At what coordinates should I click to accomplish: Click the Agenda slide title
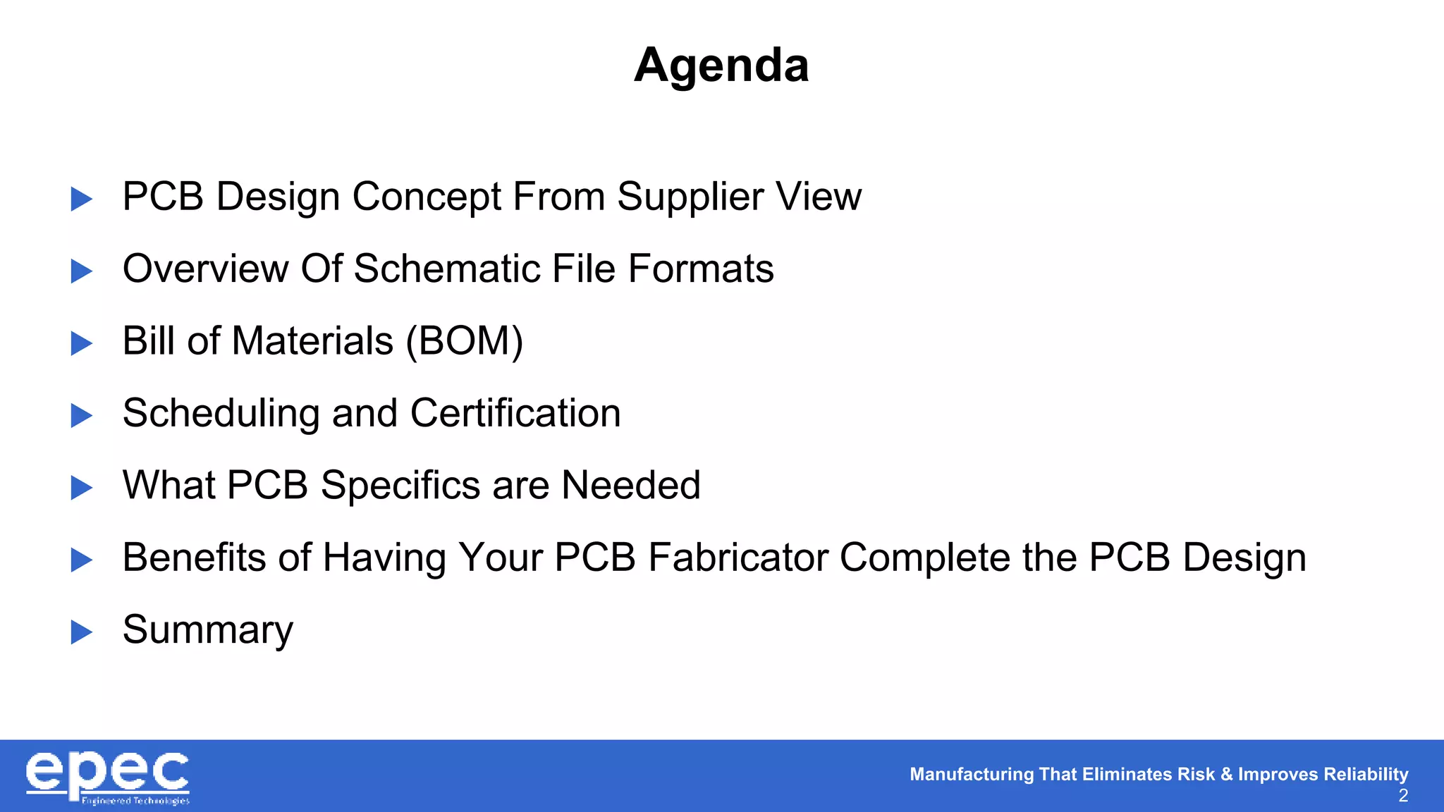pos(721,65)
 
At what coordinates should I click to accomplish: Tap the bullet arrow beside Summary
pos(82,632)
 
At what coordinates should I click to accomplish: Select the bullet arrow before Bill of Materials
pos(82,343)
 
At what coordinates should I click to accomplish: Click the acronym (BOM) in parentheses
pos(464,342)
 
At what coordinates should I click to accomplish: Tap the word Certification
pos(515,413)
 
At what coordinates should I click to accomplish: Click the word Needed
pos(631,486)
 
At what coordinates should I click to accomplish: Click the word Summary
pos(208,630)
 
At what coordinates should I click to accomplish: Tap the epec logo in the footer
pos(108,777)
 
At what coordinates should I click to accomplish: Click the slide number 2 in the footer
pos(1403,796)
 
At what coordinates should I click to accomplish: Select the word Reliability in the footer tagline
pos(1366,774)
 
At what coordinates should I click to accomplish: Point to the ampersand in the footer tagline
pos(1227,774)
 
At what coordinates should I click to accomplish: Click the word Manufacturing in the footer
pos(972,774)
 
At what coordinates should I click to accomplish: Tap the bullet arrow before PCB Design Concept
pos(82,199)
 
